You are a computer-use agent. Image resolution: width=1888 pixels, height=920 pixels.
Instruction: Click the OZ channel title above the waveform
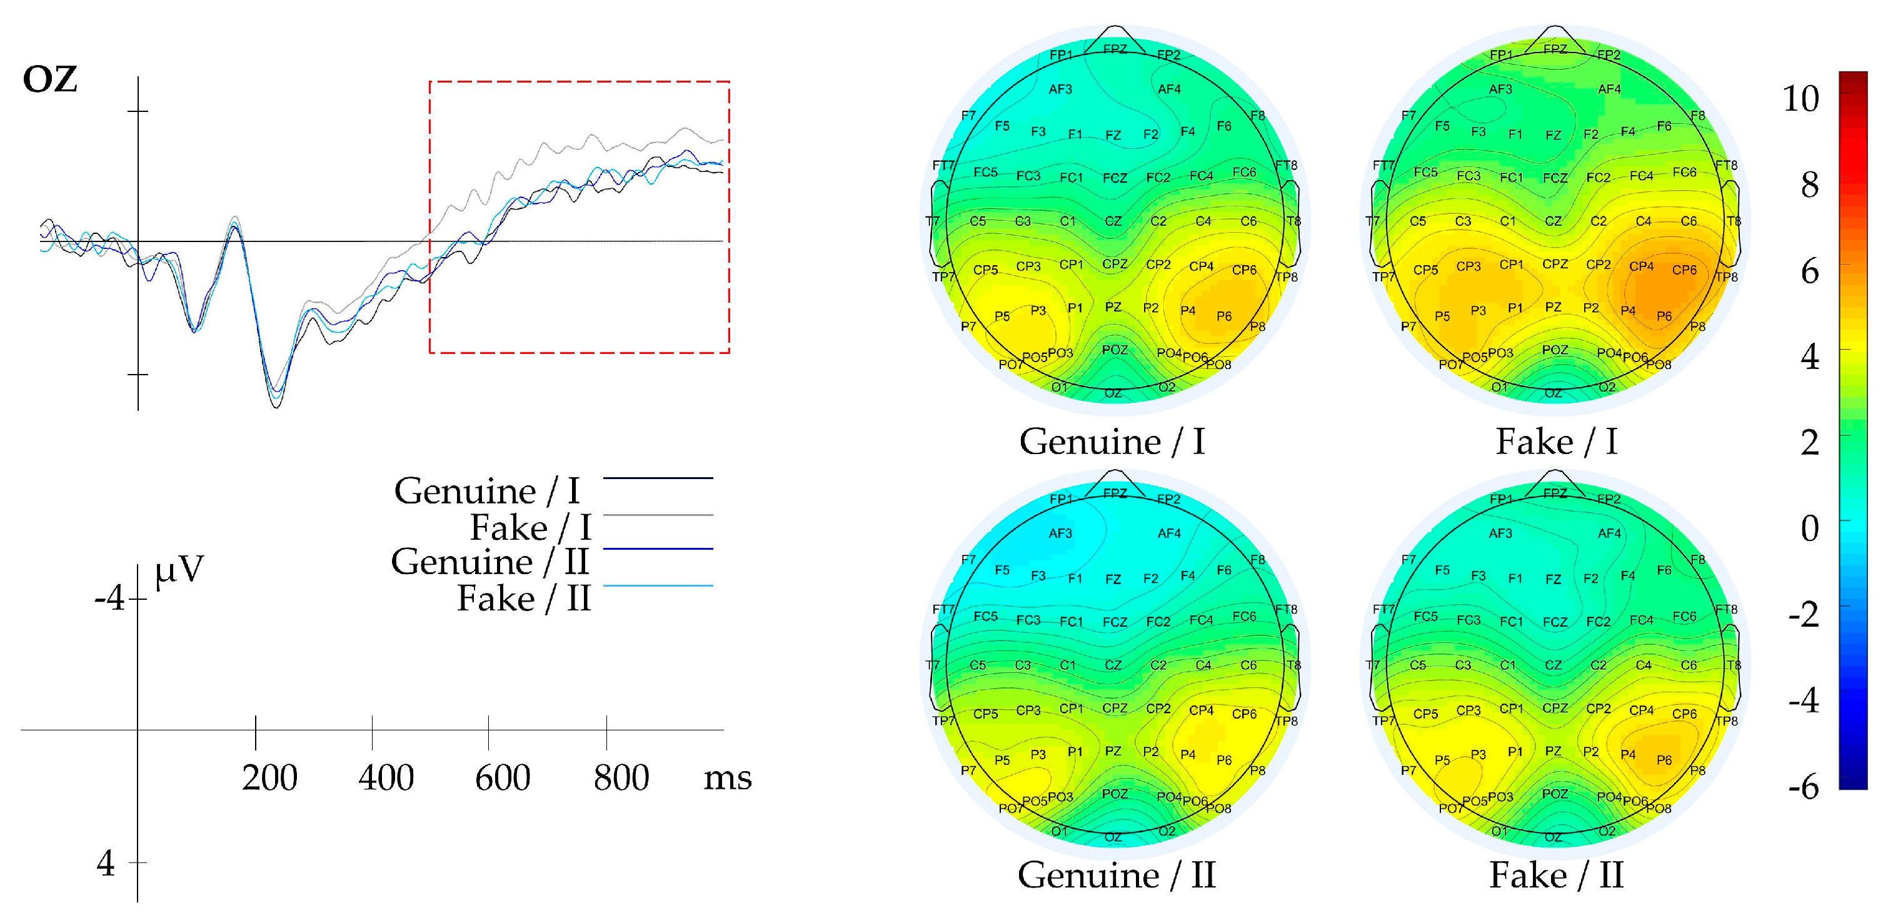pyautogui.click(x=50, y=79)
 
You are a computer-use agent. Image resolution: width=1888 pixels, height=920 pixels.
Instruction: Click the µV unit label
pyautogui.click(x=179, y=570)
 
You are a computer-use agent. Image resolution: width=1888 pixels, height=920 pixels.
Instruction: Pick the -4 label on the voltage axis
pyautogui.click(x=110, y=598)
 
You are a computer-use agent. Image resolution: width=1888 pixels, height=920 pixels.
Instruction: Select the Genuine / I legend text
pyautogui.click(x=486, y=490)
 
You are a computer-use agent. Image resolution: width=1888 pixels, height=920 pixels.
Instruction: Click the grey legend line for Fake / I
pyautogui.click(x=658, y=515)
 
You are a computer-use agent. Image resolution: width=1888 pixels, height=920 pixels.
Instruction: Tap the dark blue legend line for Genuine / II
pyautogui.click(x=658, y=548)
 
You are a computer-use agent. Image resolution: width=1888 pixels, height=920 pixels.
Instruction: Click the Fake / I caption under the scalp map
pyautogui.click(x=1556, y=442)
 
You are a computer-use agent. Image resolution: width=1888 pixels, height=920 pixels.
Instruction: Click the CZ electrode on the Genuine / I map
pyautogui.click(x=1113, y=221)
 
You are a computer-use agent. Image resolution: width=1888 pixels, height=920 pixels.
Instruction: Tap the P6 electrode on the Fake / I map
pyautogui.click(x=1664, y=316)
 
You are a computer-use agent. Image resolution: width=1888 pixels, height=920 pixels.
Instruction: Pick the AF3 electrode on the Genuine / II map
pyautogui.click(x=1060, y=533)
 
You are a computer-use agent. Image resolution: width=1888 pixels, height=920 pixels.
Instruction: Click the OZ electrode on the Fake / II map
pyautogui.click(x=1552, y=836)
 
